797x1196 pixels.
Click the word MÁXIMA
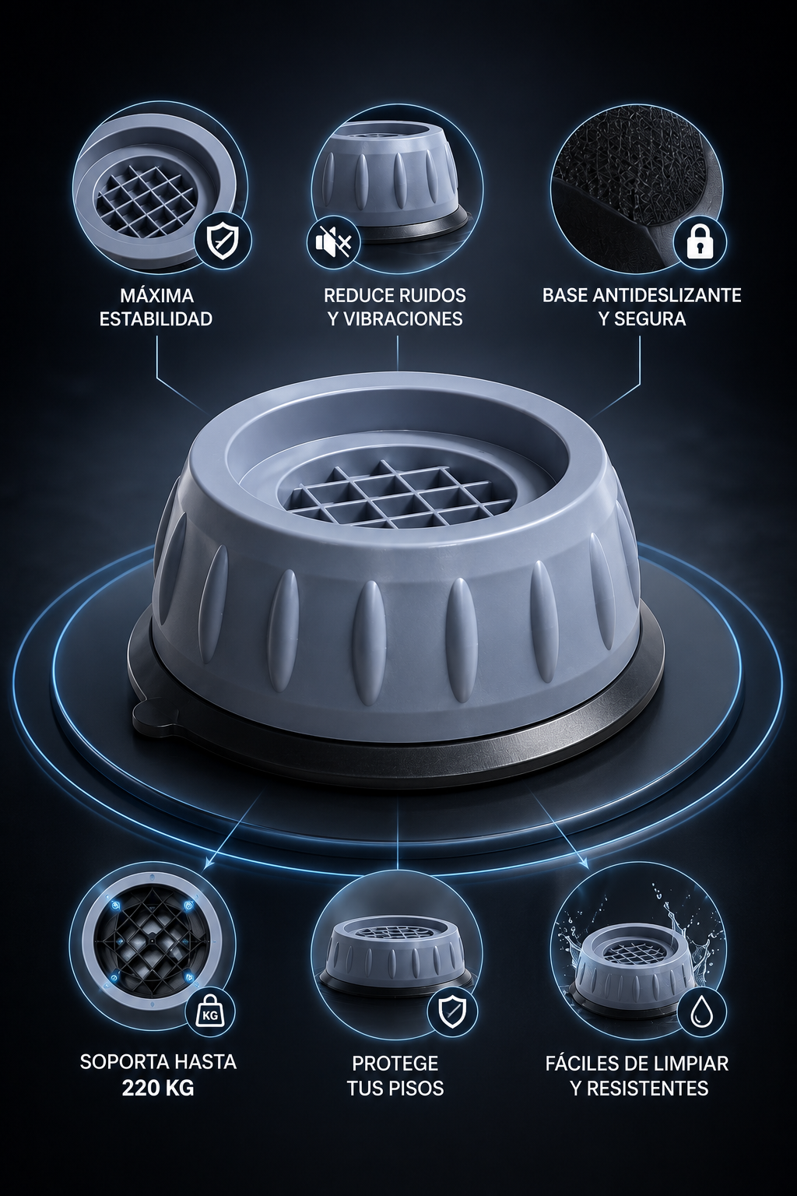[156, 295]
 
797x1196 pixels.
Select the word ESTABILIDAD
[156, 318]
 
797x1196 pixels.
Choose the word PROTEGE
[395, 1063]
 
